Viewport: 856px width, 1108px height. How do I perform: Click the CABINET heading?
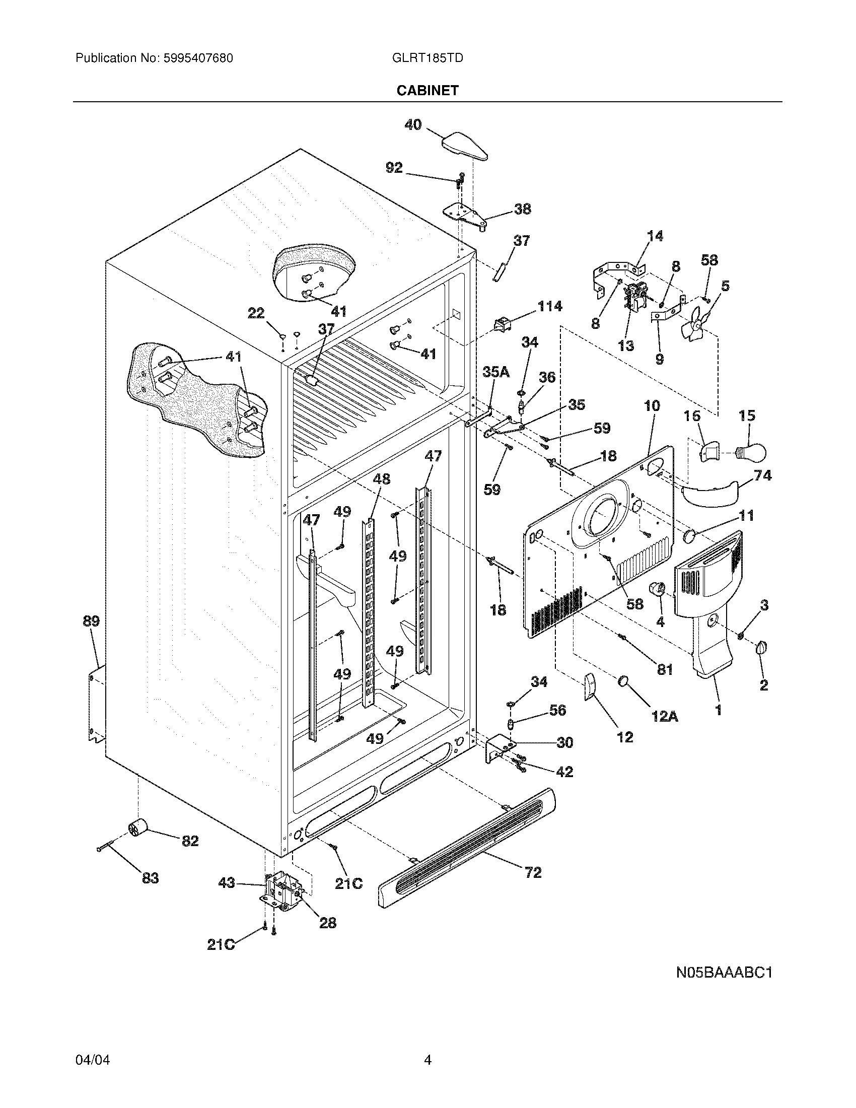[x=427, y=90]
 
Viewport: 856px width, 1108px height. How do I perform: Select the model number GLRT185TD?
[x=427, y=58]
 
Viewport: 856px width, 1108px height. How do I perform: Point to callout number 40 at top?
[x=413, y=124]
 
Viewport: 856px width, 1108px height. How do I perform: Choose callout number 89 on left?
[x=91, y=621]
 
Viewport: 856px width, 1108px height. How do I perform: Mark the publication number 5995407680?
[x=198, y=58]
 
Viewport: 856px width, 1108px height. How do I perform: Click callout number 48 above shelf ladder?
[x=381, y=479]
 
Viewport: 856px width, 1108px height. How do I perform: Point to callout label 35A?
[x=495, y=372]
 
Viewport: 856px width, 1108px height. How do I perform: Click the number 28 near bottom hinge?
[x=328, y=923]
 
